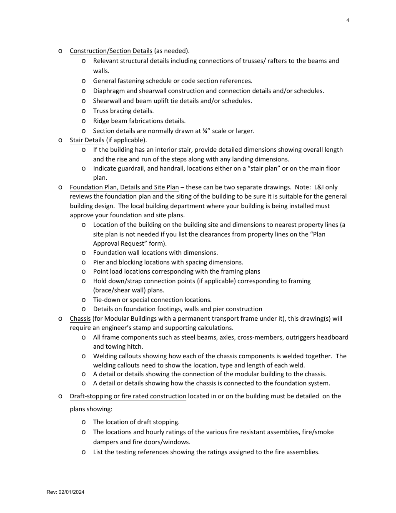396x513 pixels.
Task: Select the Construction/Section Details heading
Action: tap(111, 51)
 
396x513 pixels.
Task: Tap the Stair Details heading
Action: tap(87, 140)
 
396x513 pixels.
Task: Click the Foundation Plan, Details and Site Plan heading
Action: tap(124, 187)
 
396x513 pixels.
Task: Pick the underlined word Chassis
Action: tap(80, 319)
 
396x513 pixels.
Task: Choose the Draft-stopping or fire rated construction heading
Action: tap(128, 396)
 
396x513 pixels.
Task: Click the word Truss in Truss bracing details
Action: tap(102, 111)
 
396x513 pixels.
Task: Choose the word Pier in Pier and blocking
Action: tap(100, 262)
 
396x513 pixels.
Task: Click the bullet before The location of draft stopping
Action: tap(84, 422)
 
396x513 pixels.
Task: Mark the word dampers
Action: tap(106, 442)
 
